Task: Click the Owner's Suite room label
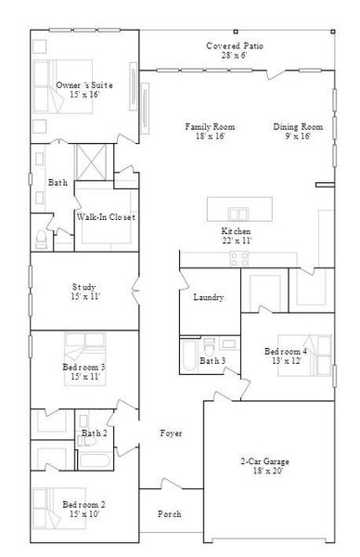77,85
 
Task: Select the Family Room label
209,127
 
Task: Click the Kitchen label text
236,231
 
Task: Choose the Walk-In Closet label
106,217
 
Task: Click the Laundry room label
209,298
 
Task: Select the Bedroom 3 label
84,368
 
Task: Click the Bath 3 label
213,360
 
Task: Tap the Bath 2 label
94,434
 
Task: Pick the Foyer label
171,434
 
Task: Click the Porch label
169,514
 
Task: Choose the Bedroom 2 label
83,505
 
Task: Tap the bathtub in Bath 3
188,357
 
